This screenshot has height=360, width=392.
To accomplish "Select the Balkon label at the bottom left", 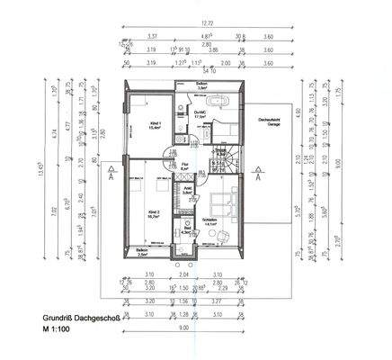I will pos(142,252).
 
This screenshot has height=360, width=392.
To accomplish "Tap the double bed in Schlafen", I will pos(220,202).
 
